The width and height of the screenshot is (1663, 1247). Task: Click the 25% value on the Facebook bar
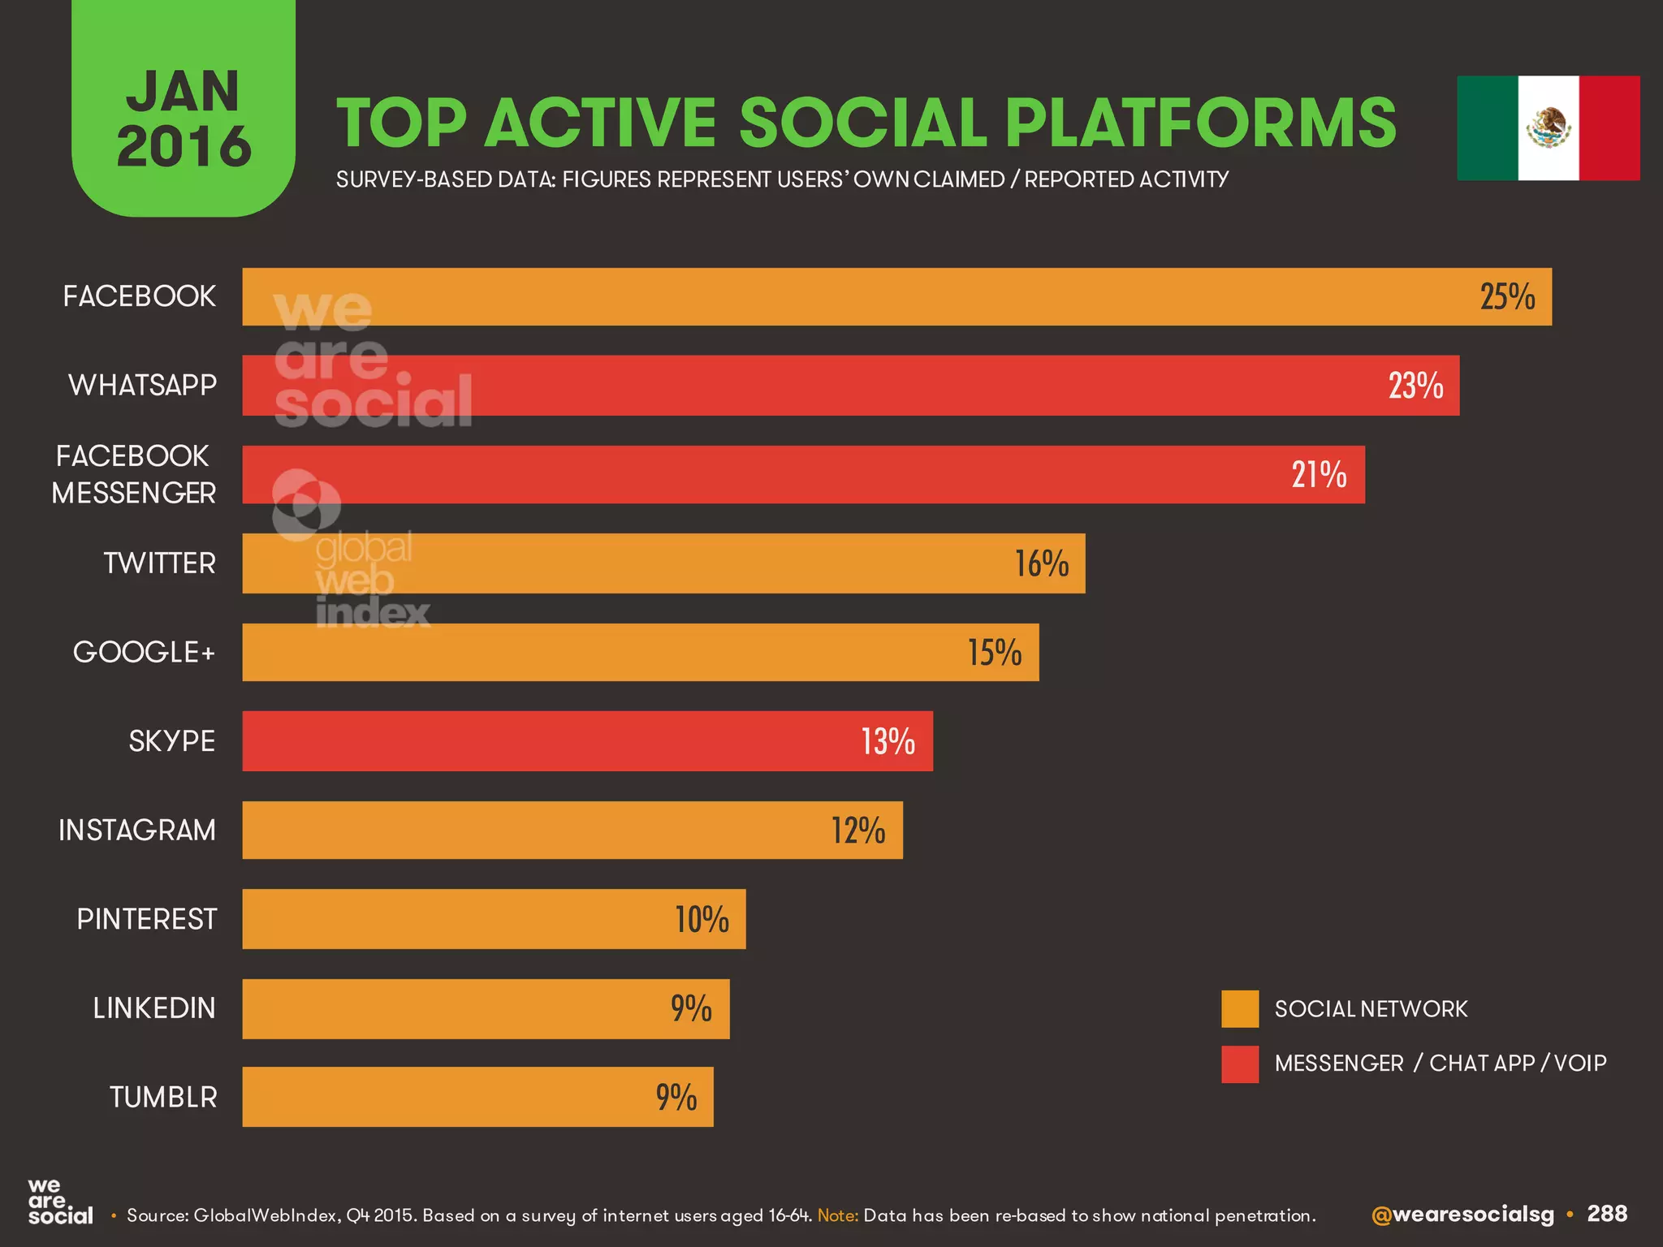[1507, 297]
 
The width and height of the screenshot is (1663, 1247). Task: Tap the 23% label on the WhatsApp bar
[1415, 386]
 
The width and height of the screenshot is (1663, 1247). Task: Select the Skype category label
[171, 741]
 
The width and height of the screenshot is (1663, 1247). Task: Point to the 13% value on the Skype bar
[888, 742]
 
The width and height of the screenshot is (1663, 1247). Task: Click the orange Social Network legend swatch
[1239, 1009]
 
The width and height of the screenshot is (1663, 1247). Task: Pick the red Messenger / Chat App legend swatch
[1239, 1064]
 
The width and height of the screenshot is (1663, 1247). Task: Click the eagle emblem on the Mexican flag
[1549, 128]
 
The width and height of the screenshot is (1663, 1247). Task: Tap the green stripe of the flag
[1487, 128]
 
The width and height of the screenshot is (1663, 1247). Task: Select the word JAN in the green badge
[184, 91]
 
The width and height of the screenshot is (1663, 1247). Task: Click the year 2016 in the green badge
[184, 147]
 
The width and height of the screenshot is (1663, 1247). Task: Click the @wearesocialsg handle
[1462, 1215]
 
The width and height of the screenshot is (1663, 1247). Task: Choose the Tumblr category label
[163, 1098]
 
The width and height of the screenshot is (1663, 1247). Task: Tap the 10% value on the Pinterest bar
[702, 920]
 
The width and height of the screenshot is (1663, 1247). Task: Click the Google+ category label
[144, 652]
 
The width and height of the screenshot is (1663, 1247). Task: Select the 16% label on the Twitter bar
[1041, 564]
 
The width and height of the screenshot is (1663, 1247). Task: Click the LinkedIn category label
[154, 1008]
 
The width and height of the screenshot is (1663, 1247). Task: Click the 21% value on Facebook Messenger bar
[1319, 475]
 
